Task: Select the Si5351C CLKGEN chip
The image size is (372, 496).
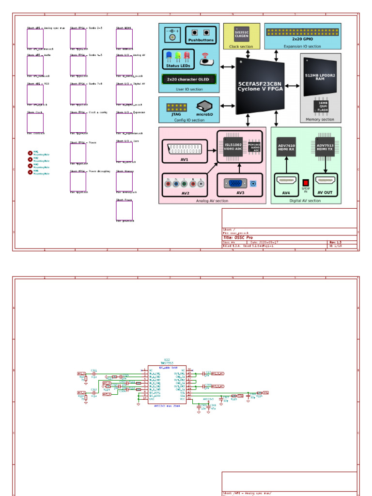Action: click(241, 33)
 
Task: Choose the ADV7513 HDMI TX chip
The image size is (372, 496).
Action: click(325, 147)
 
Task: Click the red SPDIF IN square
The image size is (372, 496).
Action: click(306, 183)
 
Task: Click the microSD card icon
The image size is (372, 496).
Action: click(204, 107)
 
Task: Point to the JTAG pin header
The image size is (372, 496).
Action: click(177, 108)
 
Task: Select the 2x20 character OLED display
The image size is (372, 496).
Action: click(188, 79)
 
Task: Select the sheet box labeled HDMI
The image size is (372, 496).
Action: click(124, 38)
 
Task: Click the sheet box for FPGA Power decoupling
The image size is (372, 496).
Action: click(78, 182)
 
